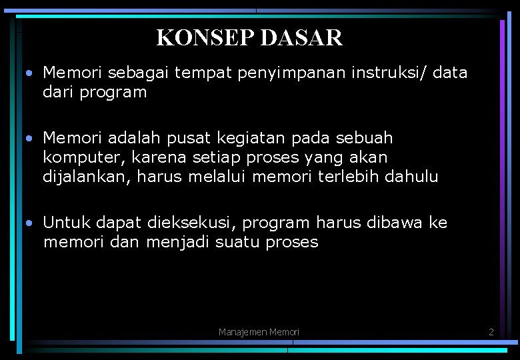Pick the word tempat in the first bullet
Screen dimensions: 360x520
[199, 73]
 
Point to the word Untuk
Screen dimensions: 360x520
[67, 223]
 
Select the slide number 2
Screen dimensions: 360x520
[491, 331]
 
